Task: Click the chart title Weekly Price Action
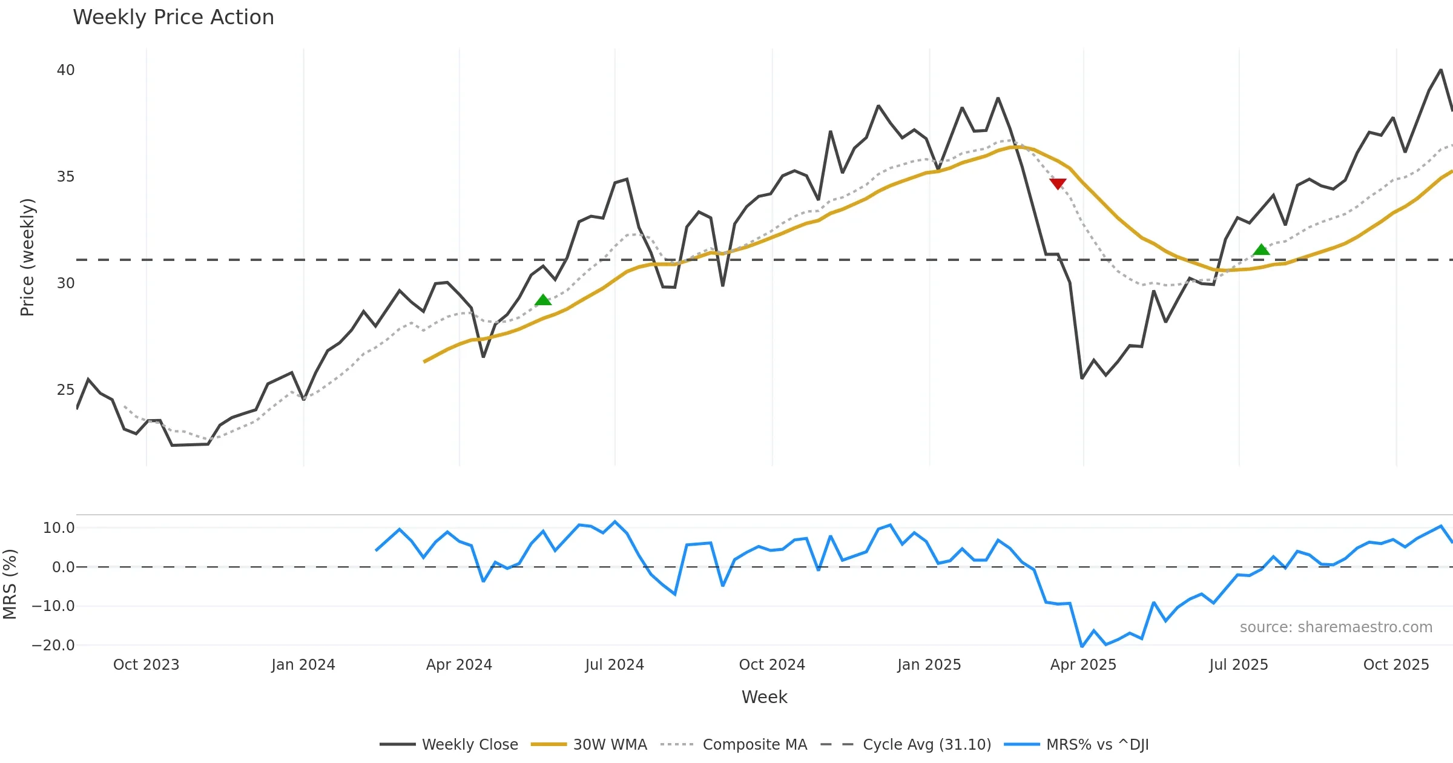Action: pyautogui.click(x=173, y=18)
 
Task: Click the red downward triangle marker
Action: pyautogui.click(x=1058, y=183)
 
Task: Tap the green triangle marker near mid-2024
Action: pyautogui.click(x=543, y=300)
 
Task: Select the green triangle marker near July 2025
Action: pyautogui.click(x=1261, y=249)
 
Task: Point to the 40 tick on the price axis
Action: pyautogui.click(x=65, y=70)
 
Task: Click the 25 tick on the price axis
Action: pyautogui.click(x=65, y=389)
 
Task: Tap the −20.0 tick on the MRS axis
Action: pyautogui.click(x=53, y=645)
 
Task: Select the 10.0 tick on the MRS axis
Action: pyautogui.click(x=59, y=527)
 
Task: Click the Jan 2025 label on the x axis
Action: pyautogui.click(x=929, y=664)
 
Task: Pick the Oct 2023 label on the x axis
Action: pyautogui.click(x=146, y=664)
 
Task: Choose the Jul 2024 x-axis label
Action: pyautogui.click(x=614, y=664)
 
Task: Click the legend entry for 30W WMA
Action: pyautogui.click(x=610, y=744)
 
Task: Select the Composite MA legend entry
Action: pyautogui.click(x=754, y=744)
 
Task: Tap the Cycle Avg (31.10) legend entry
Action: pyautogui.click(x=926, y=744)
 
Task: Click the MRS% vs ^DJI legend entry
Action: pyautogui.click(x=1097, y=744)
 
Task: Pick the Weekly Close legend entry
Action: pyautogui.click(x=469, y=744)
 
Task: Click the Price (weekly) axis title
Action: pyautogui.click(x=27, y=257)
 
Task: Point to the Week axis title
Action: pyautogui.click(x=764, y=697)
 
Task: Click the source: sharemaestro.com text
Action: pyautogui.click(x=1336, y=627)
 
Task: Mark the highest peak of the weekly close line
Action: pyautogui.click(x=1441, y=70)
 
